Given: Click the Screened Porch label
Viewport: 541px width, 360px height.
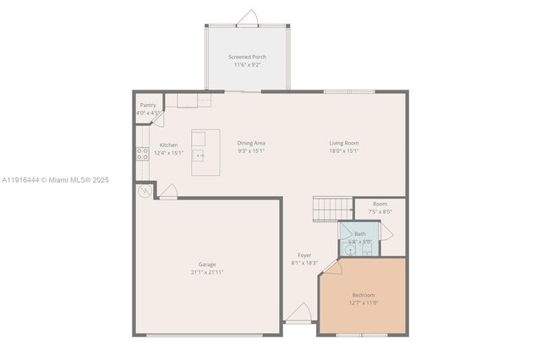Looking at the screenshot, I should [x=249, y=57].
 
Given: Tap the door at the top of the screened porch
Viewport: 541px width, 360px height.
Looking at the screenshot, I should [x=248, y=19].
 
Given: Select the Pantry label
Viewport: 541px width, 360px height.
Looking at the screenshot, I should [x=148, y=106].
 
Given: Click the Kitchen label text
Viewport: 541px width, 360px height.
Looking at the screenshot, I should [x=168, y=145].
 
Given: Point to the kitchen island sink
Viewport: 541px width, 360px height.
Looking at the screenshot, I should [x=199, y=155].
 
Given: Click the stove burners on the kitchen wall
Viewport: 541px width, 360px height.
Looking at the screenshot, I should [x=142, y=154].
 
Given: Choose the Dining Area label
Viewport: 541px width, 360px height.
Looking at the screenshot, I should [x=251, y=144].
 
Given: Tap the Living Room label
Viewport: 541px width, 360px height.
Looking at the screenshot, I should [x=344, y=144].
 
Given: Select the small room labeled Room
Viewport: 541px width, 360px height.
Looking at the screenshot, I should [x=380, y=204].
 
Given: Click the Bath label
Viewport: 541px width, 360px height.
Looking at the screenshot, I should [x=360, y=234].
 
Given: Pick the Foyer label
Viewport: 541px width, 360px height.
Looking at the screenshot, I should [x=304, y=255].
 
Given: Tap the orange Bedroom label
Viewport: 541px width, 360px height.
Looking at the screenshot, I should [x=363, y=295].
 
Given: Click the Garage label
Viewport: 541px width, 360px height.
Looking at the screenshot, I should [x=207, y=265].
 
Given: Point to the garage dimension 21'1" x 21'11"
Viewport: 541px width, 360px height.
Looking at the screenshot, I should [x=207, y=272].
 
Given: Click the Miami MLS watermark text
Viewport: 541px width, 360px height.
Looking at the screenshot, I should [x=55, y=180].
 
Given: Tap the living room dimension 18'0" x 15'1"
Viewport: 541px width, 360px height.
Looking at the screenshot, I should [x=344, y=151].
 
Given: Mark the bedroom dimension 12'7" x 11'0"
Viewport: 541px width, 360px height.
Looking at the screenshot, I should [x=363, y=303].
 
